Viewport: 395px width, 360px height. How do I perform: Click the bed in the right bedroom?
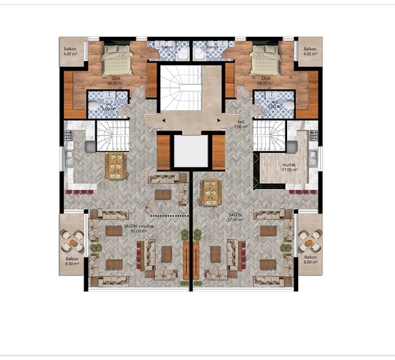[262, 58]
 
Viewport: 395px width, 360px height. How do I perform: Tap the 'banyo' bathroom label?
[168, 46]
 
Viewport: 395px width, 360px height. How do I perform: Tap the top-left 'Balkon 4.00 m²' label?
[70, 52]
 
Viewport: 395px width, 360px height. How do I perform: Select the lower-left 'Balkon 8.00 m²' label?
[71, 261]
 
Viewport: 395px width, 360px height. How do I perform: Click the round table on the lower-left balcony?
[72, 241]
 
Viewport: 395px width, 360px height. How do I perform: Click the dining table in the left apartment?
[116, 166]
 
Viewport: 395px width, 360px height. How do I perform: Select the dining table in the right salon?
[212, 192]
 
